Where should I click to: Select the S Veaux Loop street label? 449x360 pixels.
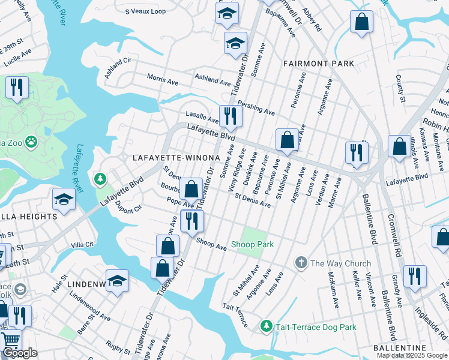click(145, 11)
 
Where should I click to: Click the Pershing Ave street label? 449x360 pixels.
click(256, 107)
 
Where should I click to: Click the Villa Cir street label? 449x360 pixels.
click(82, 245)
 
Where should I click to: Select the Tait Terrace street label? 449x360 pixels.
click(235, 315)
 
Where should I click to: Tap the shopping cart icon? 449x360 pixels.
click(11, 341)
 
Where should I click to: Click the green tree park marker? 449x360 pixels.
click(100, 179)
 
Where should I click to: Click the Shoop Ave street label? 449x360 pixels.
click(211, 243)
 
